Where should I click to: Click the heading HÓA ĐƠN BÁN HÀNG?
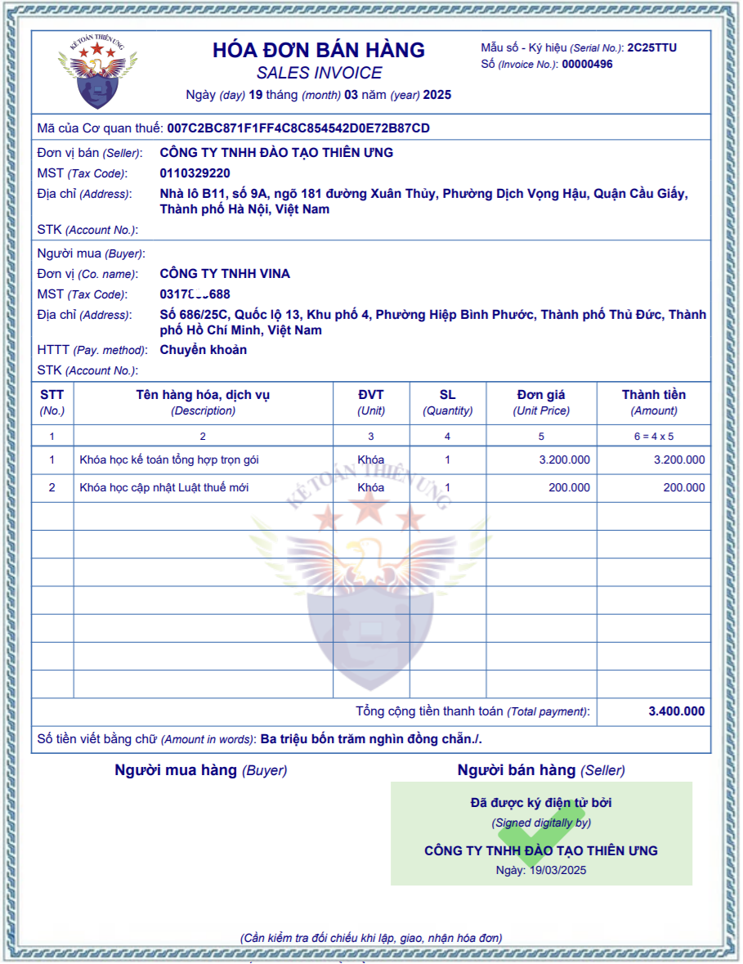click(319, 50)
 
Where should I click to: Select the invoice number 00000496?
click(587, 65)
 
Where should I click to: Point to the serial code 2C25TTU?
click(651, 47)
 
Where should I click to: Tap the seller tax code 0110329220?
click(195, 173)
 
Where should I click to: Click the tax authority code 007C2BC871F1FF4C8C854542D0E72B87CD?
click(298, 128)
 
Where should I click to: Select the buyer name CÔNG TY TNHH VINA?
click(225, 274)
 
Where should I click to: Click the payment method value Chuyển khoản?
click(203, 350)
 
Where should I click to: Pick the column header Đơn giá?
click(541, 395)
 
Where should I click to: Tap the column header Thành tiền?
click(654, 395)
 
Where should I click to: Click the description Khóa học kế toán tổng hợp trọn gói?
click(169, 460)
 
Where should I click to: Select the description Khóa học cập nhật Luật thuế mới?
click(164, 487)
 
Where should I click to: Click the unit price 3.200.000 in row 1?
click(564, 460)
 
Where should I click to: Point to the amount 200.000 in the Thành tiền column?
click(683, 487)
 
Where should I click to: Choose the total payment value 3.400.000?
click(676, 711)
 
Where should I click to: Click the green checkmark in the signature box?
click(539, 834)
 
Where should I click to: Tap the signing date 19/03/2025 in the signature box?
click(557, 870)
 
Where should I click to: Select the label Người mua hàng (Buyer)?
click(200, 770)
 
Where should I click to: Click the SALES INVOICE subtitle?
click(319, 73)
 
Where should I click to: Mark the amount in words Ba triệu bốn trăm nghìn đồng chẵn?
click(371, 739)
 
